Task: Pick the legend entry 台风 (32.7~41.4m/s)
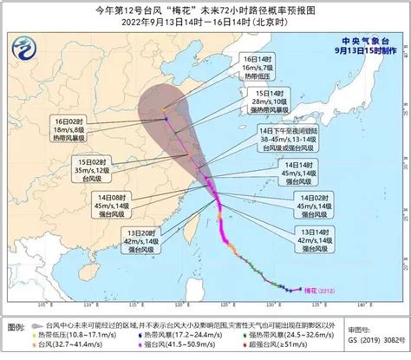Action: coord(69,344)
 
